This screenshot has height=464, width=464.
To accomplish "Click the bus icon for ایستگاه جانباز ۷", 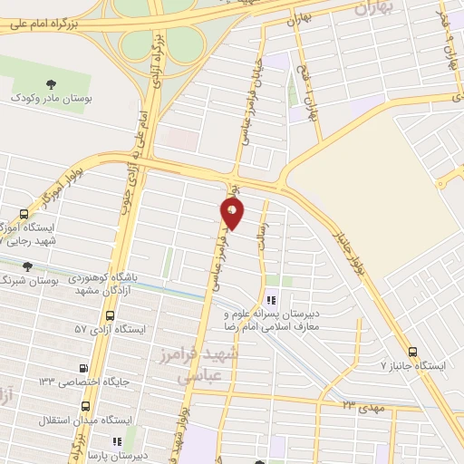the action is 413,353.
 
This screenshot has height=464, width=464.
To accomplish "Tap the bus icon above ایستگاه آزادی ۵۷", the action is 111,315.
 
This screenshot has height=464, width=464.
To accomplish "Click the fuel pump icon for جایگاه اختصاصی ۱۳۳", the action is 84,369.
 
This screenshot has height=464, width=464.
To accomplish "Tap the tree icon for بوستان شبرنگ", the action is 25,266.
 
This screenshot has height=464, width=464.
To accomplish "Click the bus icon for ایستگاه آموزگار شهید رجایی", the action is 24,216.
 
